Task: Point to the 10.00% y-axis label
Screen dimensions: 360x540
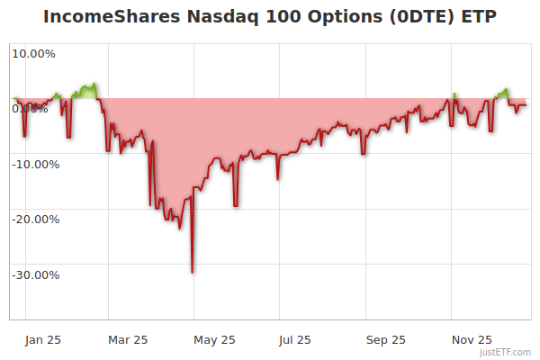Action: coord(33,53)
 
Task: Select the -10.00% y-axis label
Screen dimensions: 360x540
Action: coord(33,164)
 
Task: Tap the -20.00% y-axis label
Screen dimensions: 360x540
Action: coord(33,219)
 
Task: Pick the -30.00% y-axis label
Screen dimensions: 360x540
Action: coord(33,274)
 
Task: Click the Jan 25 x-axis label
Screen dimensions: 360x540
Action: coord(42,339)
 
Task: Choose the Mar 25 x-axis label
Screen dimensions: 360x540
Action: coord(128,339)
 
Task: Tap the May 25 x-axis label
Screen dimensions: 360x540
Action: coord(214,339)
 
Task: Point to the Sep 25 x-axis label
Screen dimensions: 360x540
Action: coord(386,339)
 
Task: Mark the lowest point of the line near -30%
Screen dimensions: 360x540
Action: coord(192,272)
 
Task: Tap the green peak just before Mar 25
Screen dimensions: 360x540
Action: coord(94,85)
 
